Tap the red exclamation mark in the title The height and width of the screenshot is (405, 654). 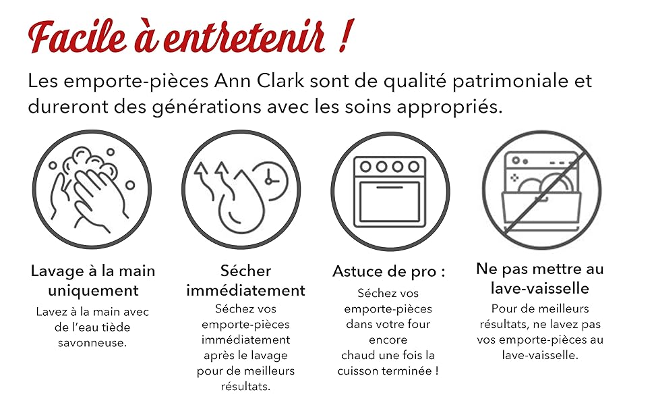click(x=346, y=36)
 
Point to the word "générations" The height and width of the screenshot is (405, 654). click(x=206, y=107)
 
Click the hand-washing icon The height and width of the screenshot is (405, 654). click(x=92, y=189)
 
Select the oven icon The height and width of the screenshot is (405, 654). click(x=390, y=192)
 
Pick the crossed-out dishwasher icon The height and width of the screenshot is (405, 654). click(x=542, y=190)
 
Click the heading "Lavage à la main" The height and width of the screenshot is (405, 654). click(x=93, y=271)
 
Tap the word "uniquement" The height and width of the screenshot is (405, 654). click(x=93, y=291)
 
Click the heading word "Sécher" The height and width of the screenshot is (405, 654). click(x=245, y=271)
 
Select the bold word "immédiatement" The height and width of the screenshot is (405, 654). click(x=245, y=290)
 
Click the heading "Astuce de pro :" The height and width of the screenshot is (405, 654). click(x=389, y=271)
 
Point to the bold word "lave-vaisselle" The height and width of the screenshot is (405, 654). click(x=539, y=288)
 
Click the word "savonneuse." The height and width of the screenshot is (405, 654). click(x=92, y=343)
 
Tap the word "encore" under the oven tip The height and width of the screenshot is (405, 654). click(x=388, y=340)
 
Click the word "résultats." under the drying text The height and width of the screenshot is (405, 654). click(x=245, y=387)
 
